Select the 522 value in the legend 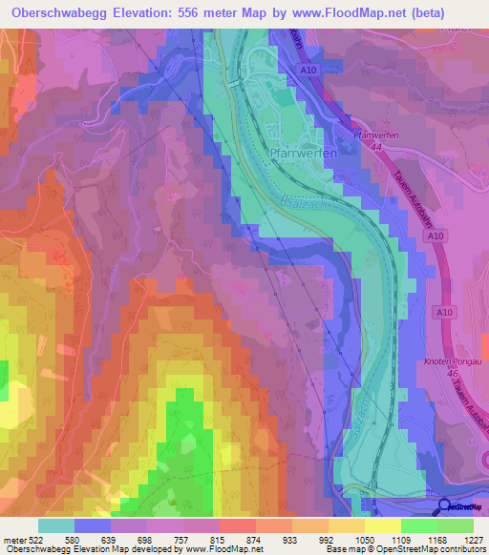tap(34, 539)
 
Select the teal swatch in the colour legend tap(56, 524)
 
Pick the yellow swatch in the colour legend tap(383, 524)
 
